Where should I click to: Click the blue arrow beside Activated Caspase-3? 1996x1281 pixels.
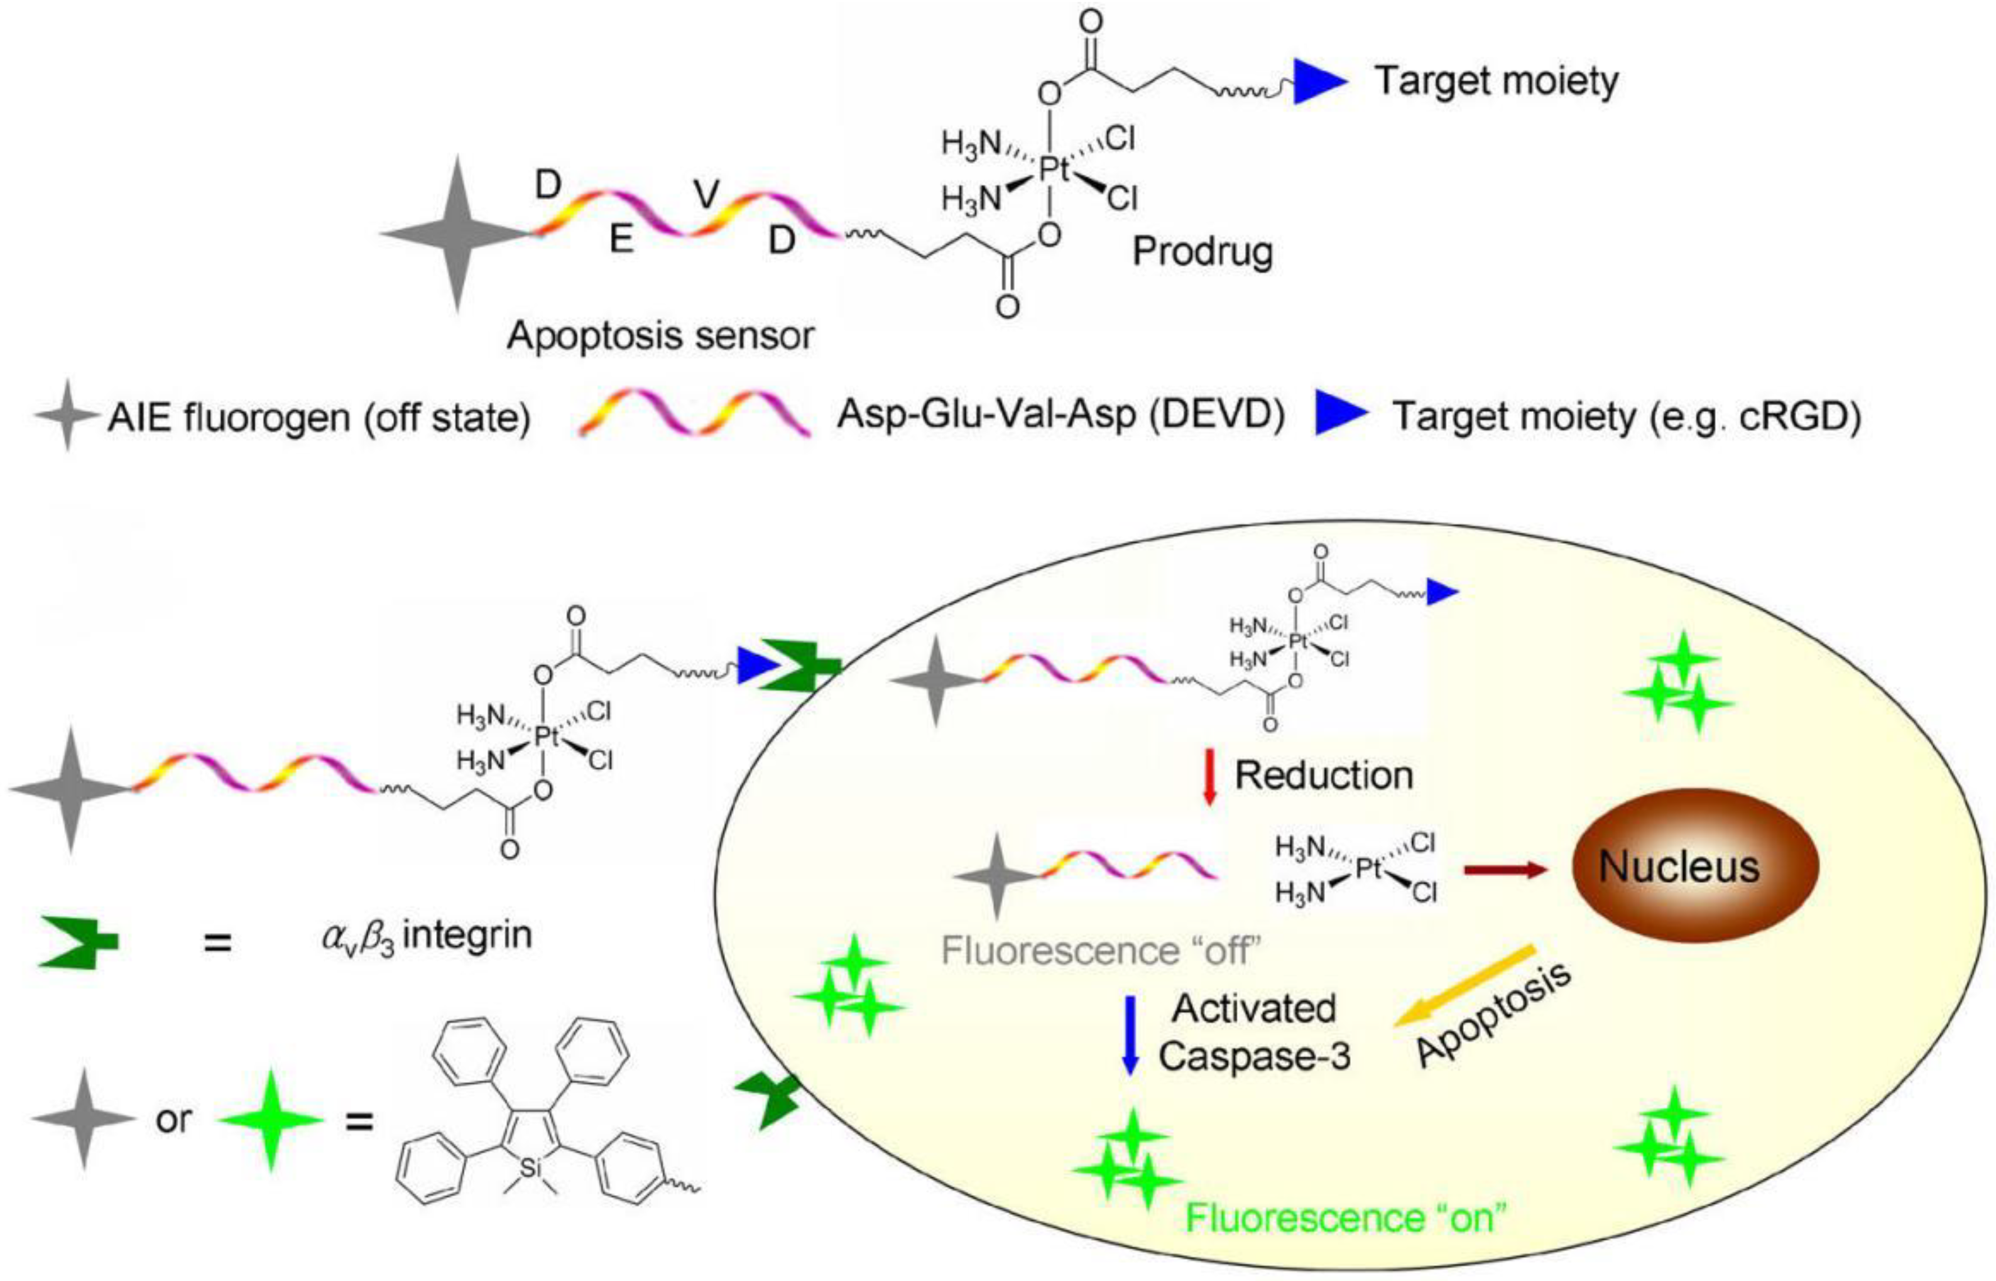[x=1129, y=1035]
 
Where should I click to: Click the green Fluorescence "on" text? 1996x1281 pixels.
[x=1345, y=1219]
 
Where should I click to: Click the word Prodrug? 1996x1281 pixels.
[x=1203, y=251]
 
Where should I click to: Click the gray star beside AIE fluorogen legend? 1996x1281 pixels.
[x=67, y=416]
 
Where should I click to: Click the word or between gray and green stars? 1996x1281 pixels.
[x=173, y=1120]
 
